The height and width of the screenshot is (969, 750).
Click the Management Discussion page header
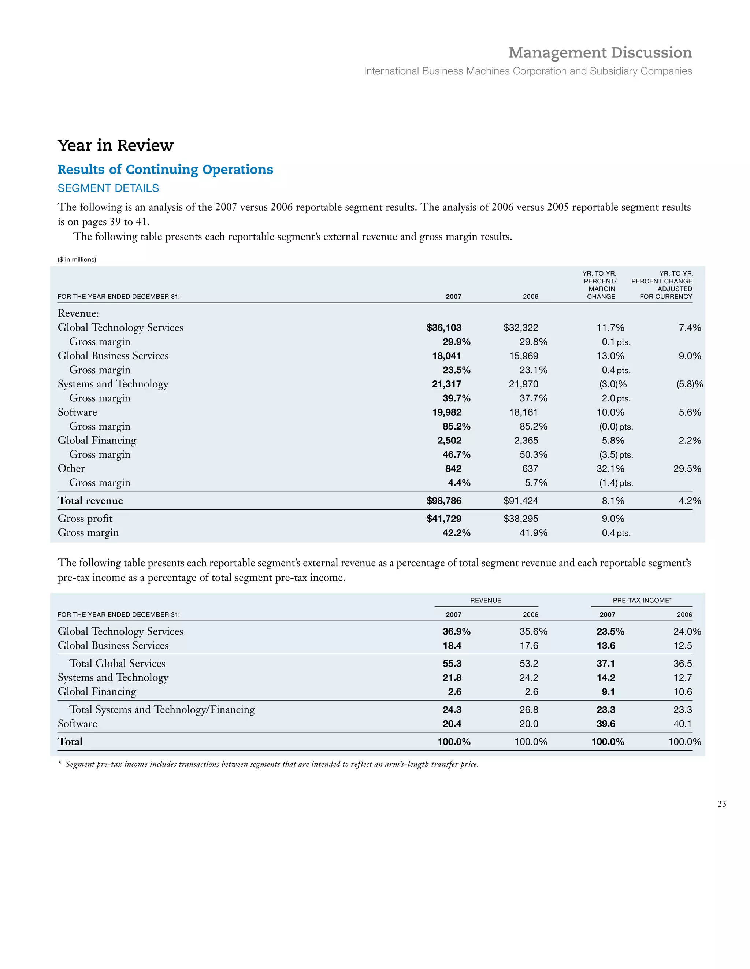[x=599, y=53]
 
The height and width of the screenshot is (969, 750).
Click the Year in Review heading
[x=115, y=145]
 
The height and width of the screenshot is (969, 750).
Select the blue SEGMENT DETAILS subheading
[x=108, y=188]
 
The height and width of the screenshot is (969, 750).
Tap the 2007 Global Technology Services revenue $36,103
[x=443, y=328]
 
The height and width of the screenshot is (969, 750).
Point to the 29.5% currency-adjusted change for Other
[x=687, y=469]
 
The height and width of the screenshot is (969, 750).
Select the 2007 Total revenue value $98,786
[x=443, y=501]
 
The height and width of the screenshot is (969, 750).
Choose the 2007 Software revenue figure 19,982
[x=446, y=413]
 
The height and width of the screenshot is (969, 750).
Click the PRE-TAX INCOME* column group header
[x=642, y=600]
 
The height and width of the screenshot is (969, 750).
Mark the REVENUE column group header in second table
[x=486, y=600]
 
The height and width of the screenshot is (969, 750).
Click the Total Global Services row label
[x=117, y=663]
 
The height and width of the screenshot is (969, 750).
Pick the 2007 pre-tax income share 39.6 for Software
[x=605, y=724]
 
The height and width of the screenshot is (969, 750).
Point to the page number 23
[x=721, y=804]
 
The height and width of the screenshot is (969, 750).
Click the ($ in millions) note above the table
[x=77, y=260]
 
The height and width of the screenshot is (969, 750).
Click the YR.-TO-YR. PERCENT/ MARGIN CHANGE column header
[x=600, y=285]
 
